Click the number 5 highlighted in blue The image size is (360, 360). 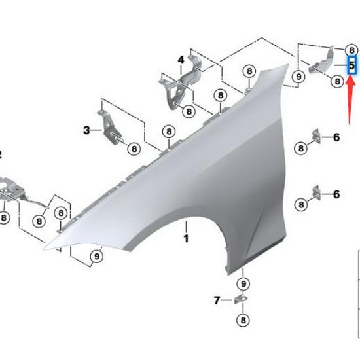tap(351, 66)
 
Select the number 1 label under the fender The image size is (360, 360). tap(185, 238)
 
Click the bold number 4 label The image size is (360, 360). tap(181, 60)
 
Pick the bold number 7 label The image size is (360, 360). tap(217, 300)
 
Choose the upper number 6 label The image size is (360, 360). tap(336, 137)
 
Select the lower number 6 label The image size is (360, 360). tap(336, 194)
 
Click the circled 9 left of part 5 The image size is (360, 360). tap(298, 77)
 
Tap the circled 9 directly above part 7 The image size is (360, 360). tap(243, 283)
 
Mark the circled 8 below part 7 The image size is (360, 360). tap(243, 320)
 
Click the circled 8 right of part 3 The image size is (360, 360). tap(134, 149)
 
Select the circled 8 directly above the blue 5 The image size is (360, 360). tap(351, 49)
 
